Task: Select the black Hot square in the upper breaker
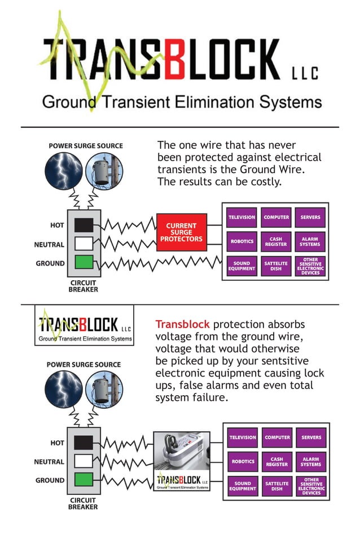click(x=84, y=225)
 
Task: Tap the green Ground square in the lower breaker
click(x=84, y=480)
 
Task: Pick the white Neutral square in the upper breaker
click(x=84, y=244)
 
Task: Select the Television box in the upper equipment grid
click(x=242, y=217)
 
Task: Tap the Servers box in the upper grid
click(x=310, y=217)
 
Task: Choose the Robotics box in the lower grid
click(x=243, y=461)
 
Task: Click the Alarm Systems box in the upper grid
click(x=310, y=241)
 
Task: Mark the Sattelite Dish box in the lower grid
click(x=276, y=486)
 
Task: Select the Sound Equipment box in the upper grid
click(x=242, y=266)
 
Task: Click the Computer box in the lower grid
click(x=277, y=437)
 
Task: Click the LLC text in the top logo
click(x=305, y=73)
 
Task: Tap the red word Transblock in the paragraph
click(x=182, y=324)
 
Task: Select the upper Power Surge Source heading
click(x=85, y=145)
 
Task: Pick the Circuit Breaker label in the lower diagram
click(x=83, y=503)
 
